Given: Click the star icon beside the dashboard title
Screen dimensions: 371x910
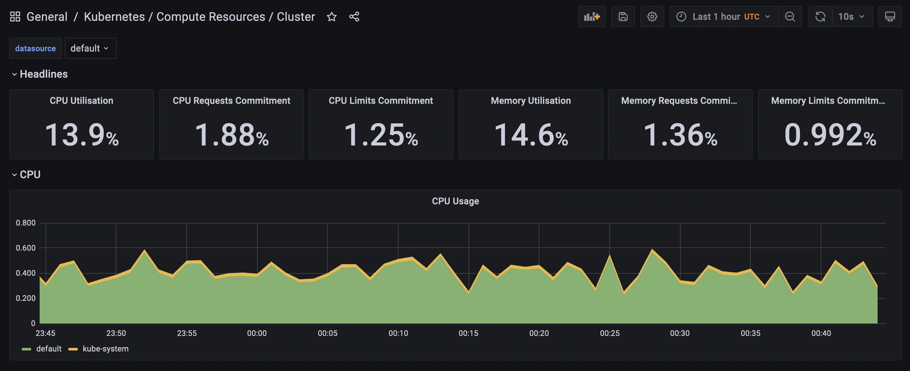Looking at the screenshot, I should click(331, 17).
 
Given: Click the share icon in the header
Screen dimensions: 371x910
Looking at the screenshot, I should click(354, 17).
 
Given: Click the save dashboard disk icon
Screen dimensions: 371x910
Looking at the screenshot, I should click(623, 17).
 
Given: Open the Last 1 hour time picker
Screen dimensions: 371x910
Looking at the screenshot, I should click(723, 17).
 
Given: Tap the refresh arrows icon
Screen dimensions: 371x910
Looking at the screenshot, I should click(820, 17).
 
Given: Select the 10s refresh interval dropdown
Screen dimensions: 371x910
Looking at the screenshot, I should click(852, 17).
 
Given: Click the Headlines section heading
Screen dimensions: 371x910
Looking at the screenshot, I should click(43, 74).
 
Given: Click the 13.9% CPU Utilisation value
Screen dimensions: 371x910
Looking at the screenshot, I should click(82, 135).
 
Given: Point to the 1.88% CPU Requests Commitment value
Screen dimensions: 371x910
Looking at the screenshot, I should click(231, 135).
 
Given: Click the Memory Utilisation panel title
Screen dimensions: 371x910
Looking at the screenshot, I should click(531, 101).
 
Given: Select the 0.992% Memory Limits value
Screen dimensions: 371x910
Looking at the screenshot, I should click(830, 135).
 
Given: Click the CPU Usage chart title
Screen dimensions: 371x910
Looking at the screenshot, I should click(455, 201).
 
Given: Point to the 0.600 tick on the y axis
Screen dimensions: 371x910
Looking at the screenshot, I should click(25, 248).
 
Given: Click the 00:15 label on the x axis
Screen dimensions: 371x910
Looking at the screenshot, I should click(468, 333).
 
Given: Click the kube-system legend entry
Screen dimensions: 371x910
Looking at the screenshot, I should click(105, 349).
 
